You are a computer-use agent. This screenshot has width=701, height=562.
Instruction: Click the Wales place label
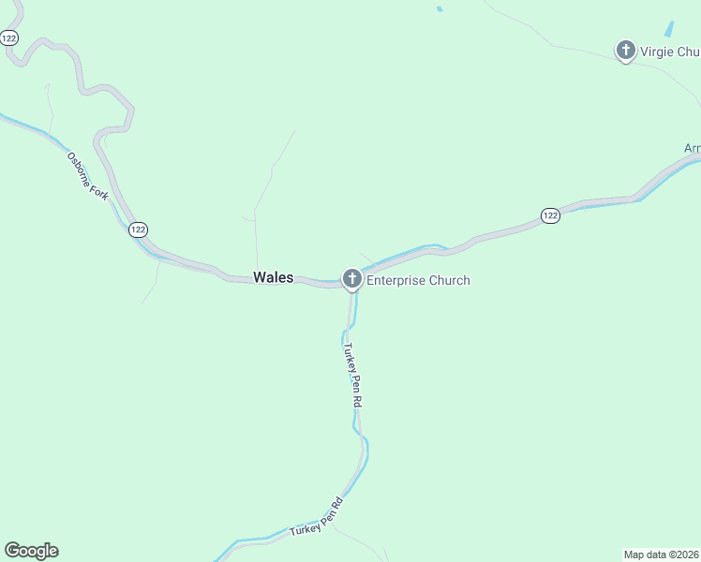click(x=273, y=278)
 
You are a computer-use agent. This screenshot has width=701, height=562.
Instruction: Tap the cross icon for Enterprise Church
click(x=352, y=278)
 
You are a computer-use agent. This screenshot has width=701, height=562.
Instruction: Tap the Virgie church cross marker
click(x=626, y=50)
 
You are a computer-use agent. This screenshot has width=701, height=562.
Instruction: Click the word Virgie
click(x=657, y=51)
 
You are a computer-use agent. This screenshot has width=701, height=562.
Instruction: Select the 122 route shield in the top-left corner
click(x=9, y=37)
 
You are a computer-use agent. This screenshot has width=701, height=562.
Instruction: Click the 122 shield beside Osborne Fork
click(x=138, y=229)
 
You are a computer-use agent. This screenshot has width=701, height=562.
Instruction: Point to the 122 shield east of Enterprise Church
click(x=550, y=216)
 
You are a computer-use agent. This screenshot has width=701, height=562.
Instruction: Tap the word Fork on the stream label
click(x=103, y=192)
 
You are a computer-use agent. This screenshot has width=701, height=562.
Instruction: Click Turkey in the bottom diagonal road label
click(x=305, y=529)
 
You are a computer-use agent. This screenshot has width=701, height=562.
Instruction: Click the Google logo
click(x=31, y=551)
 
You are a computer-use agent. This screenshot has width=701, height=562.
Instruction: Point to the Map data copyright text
click(x=662, y=554)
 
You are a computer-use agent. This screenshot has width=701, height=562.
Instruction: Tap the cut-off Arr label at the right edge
click(x=692, y=149)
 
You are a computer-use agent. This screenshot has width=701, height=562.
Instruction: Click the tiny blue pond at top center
click(x=439, y=9)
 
